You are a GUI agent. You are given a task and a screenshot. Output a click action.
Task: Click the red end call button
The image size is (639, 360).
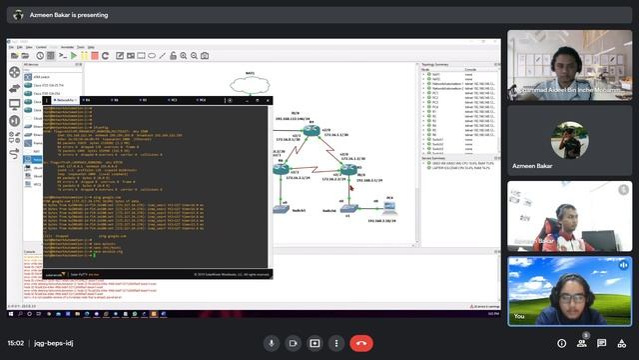click(x=361, y=342)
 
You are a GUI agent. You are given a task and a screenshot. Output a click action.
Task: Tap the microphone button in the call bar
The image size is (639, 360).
click(x=271, y=342)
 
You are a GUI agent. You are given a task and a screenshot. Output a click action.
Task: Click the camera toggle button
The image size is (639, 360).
click(x=293, y=342)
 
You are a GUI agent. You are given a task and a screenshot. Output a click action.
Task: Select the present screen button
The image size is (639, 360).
click(x=316, y=342)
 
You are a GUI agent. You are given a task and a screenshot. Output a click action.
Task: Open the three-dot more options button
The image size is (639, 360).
click(x=337, y=342)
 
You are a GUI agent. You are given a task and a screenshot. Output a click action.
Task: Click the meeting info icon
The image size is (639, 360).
click(x=562, y=342)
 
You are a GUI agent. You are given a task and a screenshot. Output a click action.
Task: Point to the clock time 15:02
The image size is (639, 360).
click(x=16, y=342)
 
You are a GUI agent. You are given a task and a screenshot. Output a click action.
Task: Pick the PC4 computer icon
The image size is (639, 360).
click(x=389, y=206)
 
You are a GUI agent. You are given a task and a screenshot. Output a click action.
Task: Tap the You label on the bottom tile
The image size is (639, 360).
click(x=518, y=315)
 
